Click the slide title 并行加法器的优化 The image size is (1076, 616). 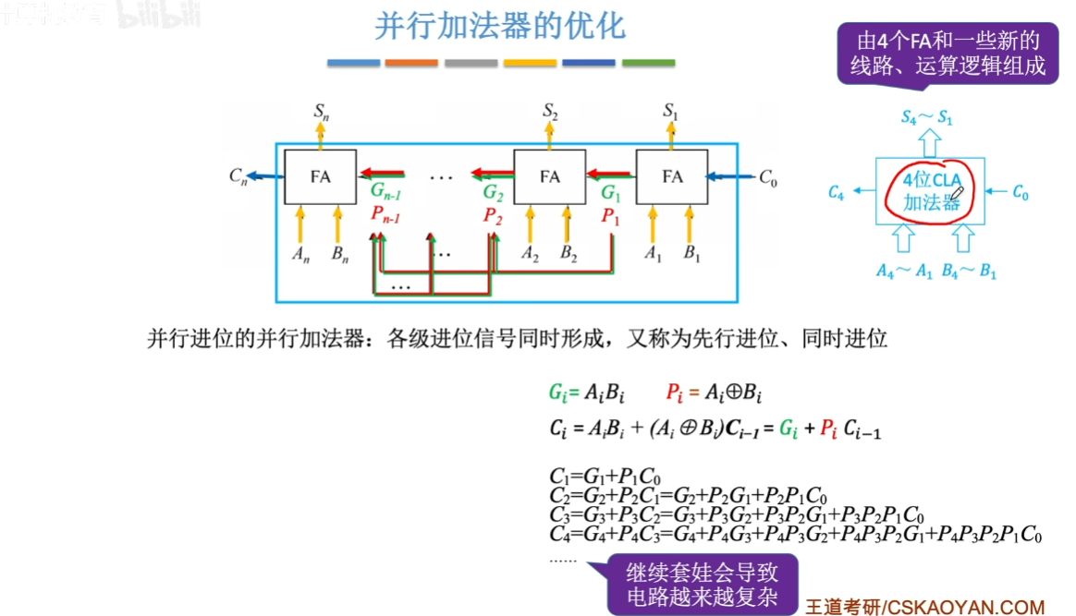[x=500, y=27]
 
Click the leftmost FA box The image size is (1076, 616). [x=320, y=175]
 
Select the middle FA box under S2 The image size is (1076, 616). [x=550, y=175]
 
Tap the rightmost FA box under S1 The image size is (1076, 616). [x=672, y=175]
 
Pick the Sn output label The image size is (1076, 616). [x=321, y=112]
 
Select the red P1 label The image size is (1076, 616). [x=610, y=216]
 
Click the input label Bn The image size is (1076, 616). [x=341, y=254]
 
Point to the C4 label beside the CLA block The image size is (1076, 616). [x=836, y=192]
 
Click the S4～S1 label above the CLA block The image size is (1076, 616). [x=926, y=118]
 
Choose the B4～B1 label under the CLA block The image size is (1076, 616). [x=968, y=272]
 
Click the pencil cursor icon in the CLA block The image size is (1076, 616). [x=957, y=194]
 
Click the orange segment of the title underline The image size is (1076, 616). [x=411, y=63]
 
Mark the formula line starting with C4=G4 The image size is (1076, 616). [x=795, y=534]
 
